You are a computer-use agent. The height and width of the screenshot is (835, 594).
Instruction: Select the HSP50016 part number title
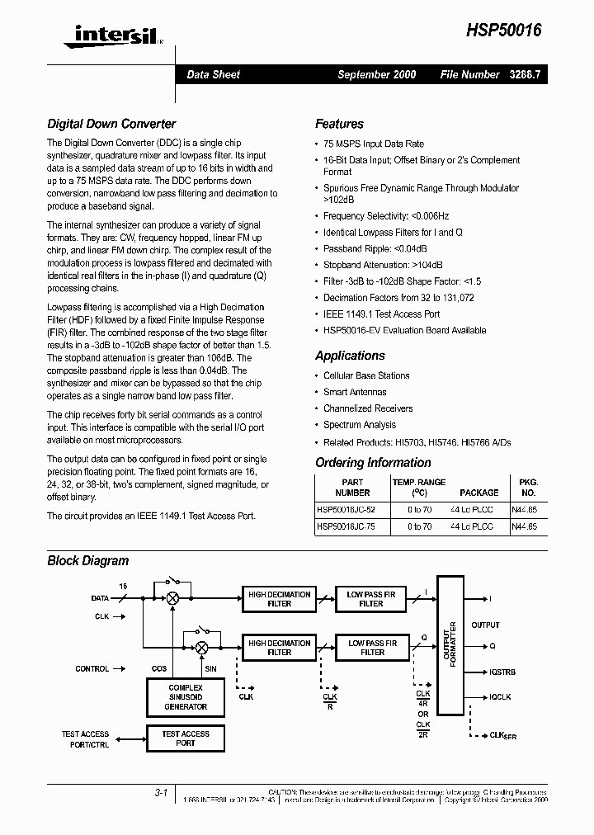[503, 29]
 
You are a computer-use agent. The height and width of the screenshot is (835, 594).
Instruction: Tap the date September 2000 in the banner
[377, 74]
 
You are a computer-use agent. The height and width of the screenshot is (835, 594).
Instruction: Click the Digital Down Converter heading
[111, 124]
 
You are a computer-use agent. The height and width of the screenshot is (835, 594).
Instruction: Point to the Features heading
[339, 124]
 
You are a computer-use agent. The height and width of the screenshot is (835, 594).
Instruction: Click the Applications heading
[350, 356]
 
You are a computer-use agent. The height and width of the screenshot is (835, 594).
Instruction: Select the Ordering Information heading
[373, 463]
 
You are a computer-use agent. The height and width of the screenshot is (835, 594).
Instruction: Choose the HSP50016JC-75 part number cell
[346, 526]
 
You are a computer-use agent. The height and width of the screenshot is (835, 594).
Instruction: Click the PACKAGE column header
[478, 493]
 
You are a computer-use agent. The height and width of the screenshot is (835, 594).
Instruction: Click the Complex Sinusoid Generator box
[185, 697]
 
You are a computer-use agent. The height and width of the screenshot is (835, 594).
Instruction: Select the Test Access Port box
[185, 738]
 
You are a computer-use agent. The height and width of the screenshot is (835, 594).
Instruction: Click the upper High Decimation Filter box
[280, 599]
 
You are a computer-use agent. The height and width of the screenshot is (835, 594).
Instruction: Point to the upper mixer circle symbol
[173, 599]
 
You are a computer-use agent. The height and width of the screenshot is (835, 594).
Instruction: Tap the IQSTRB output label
[502, 672]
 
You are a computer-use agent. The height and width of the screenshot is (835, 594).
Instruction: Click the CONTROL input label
[92, 669]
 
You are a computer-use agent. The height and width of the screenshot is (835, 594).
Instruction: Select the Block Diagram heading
[87, 561]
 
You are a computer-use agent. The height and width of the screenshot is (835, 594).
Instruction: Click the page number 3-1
[160, 794]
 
